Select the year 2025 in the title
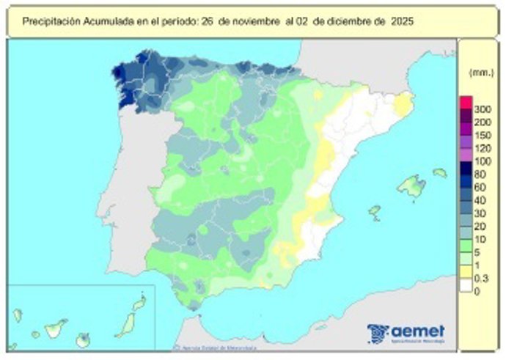[x=400, y=22]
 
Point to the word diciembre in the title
[x=349, y=22]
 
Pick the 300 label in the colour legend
[x=482, y=110]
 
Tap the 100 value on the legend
[x=482, y=161]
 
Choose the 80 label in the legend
[x=480, y=174]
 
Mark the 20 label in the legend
[x=480, y=227]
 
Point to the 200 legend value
[x=482, y=122]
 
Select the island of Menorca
[x=439, y=173]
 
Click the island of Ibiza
[x=375, y=213]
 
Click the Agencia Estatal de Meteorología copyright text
[x=213, y=347]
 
